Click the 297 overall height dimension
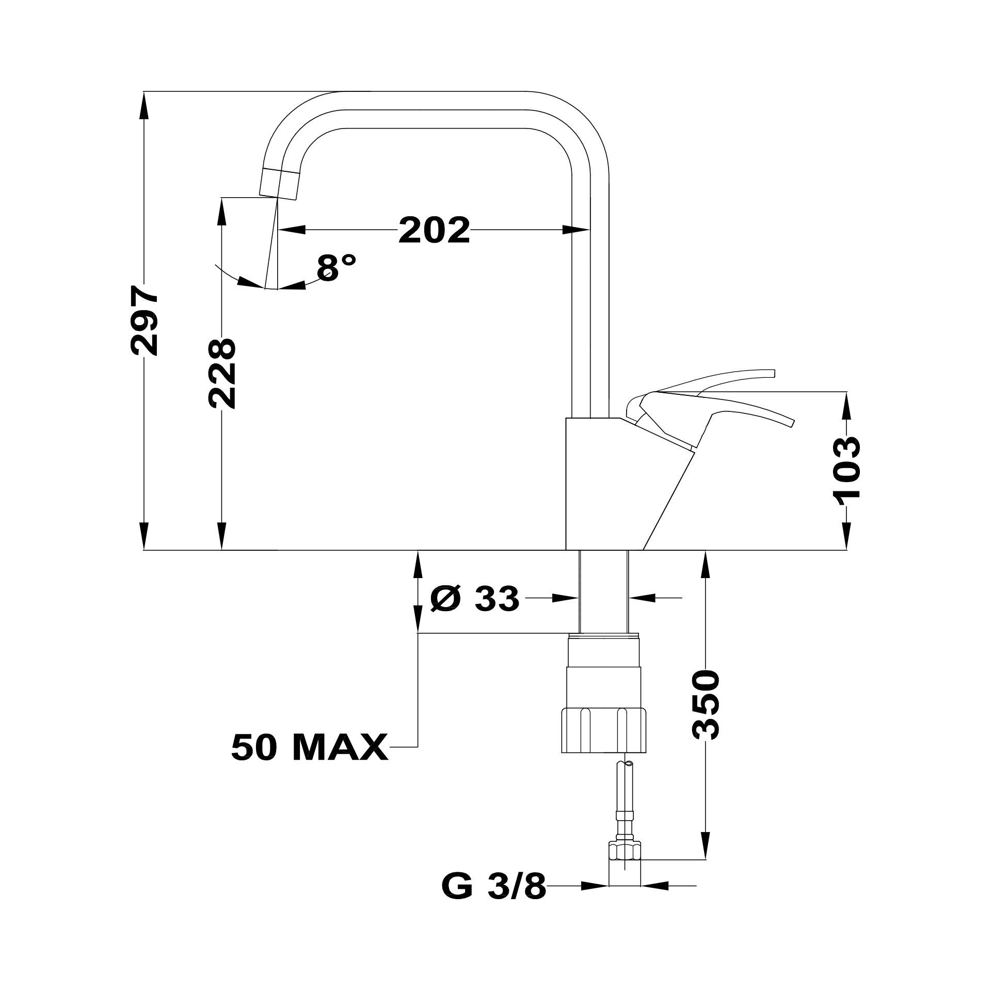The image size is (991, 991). click(145, 320)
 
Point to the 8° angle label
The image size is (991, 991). click(337, 267)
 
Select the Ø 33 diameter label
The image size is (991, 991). click(474, 599)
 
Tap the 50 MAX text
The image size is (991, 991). click(310, 747)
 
